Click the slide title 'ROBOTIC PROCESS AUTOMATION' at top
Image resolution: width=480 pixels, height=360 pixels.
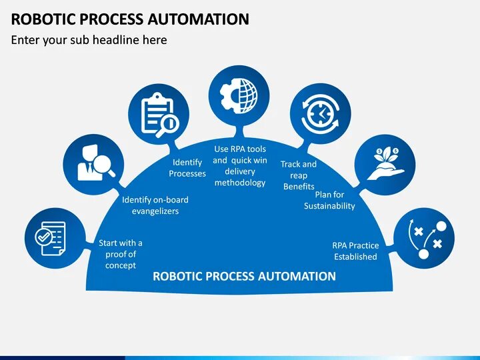(x=130, y=18)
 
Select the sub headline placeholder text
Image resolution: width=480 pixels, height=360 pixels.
(x=89, y=40)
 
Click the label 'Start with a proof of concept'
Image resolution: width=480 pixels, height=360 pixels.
(x=121, y=254)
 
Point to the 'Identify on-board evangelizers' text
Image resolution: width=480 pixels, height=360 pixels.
(x=155, y=205)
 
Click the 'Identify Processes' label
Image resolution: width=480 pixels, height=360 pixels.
(x=187, y=168)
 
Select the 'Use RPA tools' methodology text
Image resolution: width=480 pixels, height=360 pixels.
(x=240, y=166)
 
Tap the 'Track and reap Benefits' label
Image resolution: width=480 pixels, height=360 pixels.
(x=299, y=175)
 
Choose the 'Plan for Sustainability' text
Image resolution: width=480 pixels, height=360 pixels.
(x=329, y=200)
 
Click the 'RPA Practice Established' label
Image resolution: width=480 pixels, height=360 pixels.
(x=355, y=251)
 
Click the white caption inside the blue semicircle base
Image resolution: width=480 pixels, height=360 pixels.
(x=245, y=276)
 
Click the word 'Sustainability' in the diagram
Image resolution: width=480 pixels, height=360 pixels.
(x=329, y=206)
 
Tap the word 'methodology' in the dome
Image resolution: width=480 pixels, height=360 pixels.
(x=240, y=183)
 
